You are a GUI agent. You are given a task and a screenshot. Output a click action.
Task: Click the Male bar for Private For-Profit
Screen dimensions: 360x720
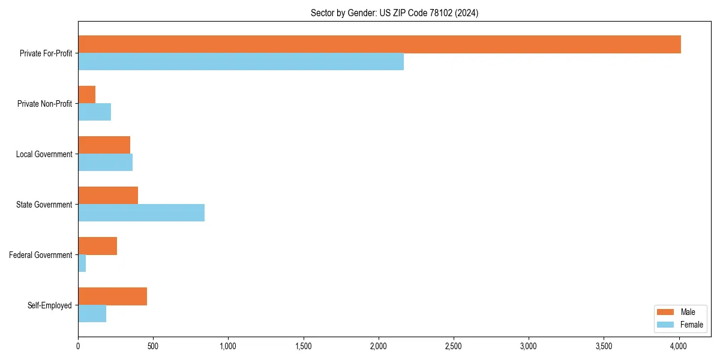[379, 44]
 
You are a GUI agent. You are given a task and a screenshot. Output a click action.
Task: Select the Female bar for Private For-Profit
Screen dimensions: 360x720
[241, 62]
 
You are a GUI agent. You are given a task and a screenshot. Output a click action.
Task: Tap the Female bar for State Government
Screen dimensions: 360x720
[141, 213]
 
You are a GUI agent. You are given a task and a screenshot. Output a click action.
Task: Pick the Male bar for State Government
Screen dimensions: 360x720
[108, 196]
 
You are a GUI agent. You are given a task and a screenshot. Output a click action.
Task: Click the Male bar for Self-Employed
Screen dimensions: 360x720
[112, 296]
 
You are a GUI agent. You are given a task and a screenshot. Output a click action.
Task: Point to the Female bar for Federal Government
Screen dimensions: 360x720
[82, 263]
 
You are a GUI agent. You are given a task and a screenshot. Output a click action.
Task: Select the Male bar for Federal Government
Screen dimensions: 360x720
[97, 246]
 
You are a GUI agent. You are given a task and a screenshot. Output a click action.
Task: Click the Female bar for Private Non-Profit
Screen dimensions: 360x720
[94, 112]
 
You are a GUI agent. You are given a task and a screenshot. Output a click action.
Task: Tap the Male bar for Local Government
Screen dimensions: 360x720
[104, 145]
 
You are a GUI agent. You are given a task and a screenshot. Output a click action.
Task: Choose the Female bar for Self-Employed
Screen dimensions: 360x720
[92, 314]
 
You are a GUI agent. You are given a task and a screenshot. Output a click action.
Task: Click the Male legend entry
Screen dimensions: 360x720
[680, 312]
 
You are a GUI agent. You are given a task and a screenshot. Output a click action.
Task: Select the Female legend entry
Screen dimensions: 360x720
[680, 325]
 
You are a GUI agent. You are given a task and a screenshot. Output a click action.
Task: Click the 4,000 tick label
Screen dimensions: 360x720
[679, 346]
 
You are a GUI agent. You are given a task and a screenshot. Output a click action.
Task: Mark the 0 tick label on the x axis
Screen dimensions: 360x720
[78, 346]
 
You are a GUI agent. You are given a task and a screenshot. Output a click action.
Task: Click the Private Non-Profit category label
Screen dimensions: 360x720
[44, 104]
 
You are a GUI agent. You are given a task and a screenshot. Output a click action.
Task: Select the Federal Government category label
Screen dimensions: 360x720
[41, 255]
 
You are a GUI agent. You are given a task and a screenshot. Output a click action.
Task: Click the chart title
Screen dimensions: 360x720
[394, 13]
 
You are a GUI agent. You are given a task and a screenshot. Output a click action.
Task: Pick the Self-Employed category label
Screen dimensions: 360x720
[49, 305]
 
